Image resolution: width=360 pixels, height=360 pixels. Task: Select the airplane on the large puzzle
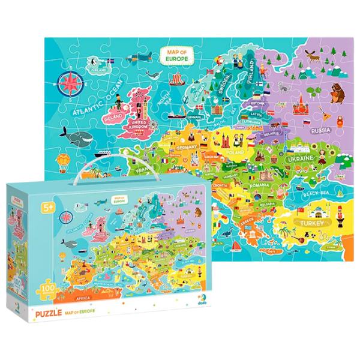click(141, 58)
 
